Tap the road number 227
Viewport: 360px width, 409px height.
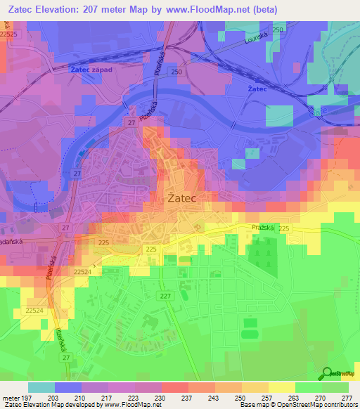[x=165, y=296]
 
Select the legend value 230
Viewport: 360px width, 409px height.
[x=160, y=398]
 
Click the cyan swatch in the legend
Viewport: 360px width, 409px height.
[x=41, y=387]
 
